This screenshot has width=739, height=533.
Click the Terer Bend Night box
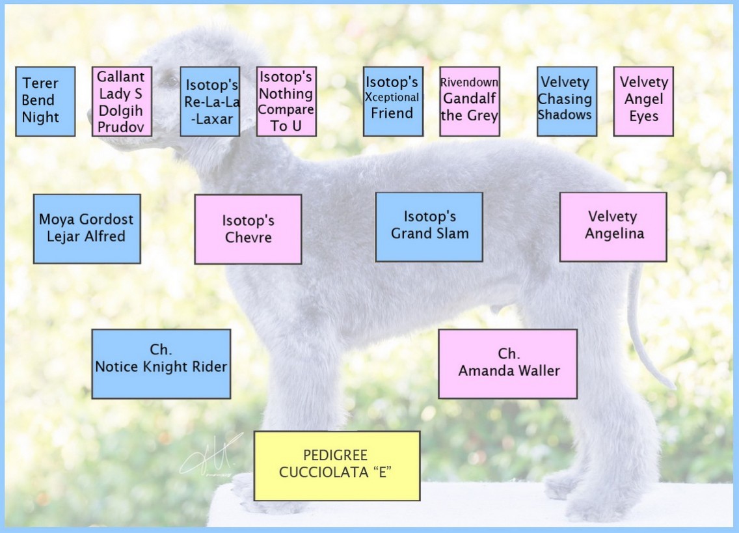click(x=46, y=102)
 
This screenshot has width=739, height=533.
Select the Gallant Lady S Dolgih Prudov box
click(x=122, y=102)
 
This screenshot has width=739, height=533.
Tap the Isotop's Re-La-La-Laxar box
click(x=210, y=102)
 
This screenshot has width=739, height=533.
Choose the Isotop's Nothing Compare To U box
click(x=286, y=102)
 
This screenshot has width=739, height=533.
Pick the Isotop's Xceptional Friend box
click(x=393, y=102)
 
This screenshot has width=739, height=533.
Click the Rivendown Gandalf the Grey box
click(x=470, y=102)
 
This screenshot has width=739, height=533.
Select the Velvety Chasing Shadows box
click(x=567, y=102)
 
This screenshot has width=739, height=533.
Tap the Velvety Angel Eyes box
click(x=643, y=102)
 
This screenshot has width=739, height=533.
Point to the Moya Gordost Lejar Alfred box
click(x=87, y=229)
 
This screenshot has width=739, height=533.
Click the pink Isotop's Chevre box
click(x=248, y=229)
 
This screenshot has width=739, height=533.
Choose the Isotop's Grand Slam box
click(x=429, y=227)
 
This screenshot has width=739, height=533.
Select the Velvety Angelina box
click(x=613, y=227)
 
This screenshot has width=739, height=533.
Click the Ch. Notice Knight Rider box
click(x=161, y=364)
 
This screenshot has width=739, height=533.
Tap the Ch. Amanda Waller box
click(x=507, y=364)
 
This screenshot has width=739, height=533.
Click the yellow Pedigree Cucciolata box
click(x=337, y=466)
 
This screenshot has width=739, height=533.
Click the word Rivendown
click(x=470, y=83)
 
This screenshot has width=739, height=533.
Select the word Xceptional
click(x=392, y=97)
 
